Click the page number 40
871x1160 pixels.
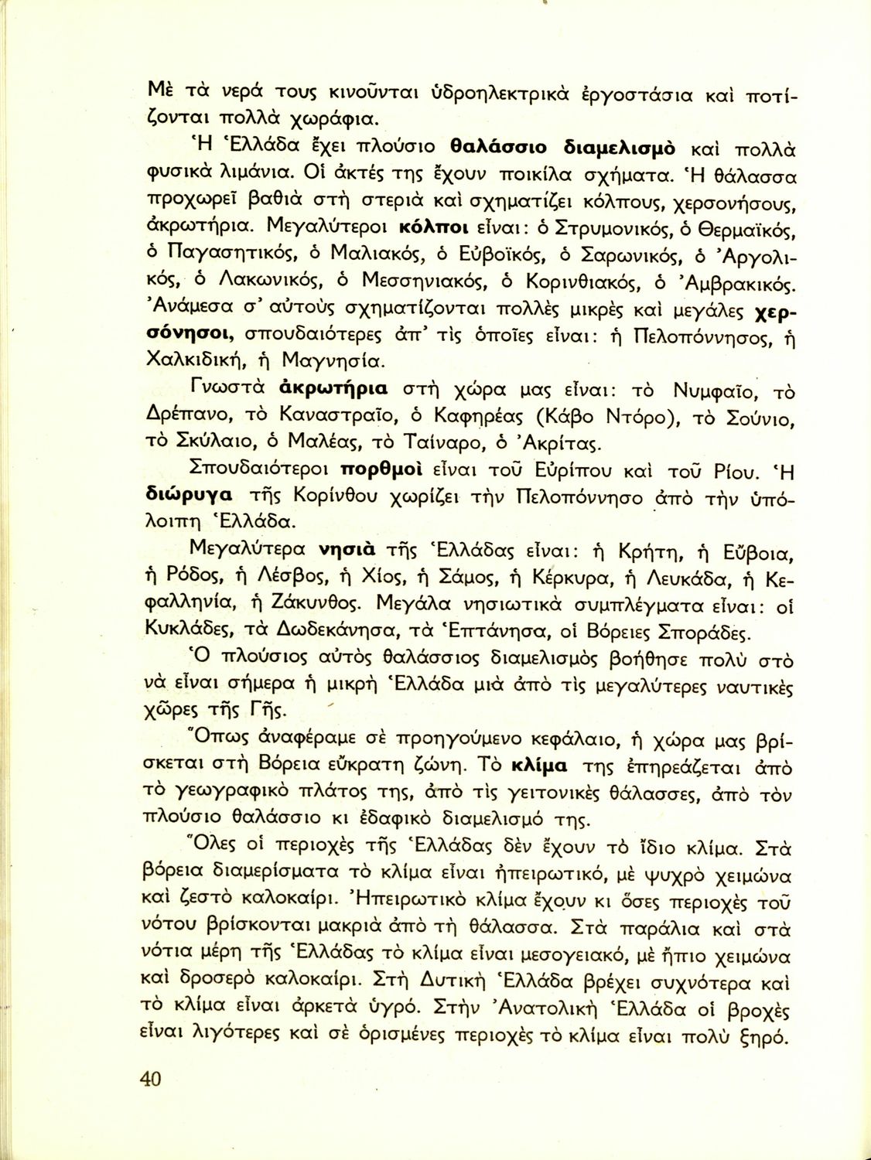(151, 1078)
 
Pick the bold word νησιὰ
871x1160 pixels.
(347, 550)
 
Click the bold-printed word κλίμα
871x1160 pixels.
(540, 766)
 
